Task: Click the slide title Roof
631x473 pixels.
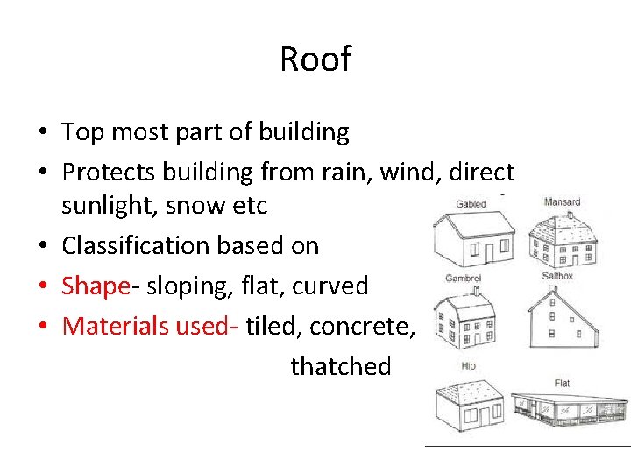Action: [x=315, y=59]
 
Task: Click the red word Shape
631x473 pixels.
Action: [x=94, y=286]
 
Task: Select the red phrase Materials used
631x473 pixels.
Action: [x=150, y=326]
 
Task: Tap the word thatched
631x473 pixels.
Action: [x=340, y=365]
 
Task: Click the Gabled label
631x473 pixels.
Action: [x=471, y=204]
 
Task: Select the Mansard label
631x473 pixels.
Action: [x=562, y=202]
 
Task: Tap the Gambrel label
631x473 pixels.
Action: [x=463, y=279]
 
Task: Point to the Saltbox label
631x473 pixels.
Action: [x=557, y=276]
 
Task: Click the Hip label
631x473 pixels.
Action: [x=468, y=366]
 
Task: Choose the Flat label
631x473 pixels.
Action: [x=562, y=383]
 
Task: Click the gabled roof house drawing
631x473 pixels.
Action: [x=474, y=239]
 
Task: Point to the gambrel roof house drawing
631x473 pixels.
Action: [x=466, y=320]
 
